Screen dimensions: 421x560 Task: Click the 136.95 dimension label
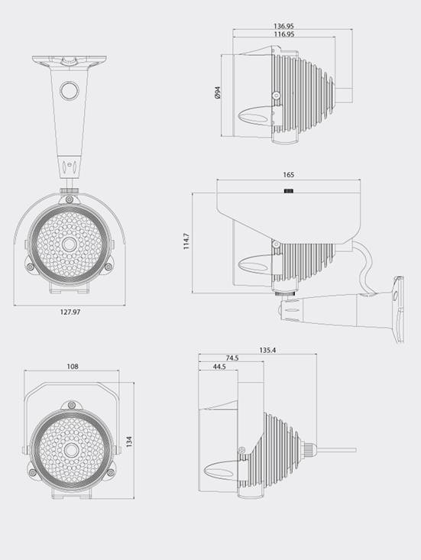283,26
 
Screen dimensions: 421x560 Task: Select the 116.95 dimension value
284,34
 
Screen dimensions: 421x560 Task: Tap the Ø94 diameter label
218,92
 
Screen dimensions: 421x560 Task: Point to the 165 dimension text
288,175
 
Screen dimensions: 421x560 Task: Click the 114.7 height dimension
186,241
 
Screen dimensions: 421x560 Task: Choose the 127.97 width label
70,312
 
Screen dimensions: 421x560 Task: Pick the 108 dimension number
73,367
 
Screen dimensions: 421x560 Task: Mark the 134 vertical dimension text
129,442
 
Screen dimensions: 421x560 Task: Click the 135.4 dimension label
267,351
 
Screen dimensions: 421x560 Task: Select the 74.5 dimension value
232,358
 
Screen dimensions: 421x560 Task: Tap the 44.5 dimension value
219,367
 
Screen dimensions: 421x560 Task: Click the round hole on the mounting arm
69,91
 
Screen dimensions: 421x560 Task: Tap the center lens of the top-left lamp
69,244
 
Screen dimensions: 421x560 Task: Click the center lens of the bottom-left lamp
71,450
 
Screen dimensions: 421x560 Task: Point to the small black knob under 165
289,191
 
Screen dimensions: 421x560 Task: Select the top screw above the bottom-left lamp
72,405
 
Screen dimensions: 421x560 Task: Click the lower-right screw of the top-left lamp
108,267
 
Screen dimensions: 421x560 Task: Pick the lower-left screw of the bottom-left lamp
33,472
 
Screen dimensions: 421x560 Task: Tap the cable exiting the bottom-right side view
336,450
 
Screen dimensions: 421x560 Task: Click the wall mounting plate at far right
399,309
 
